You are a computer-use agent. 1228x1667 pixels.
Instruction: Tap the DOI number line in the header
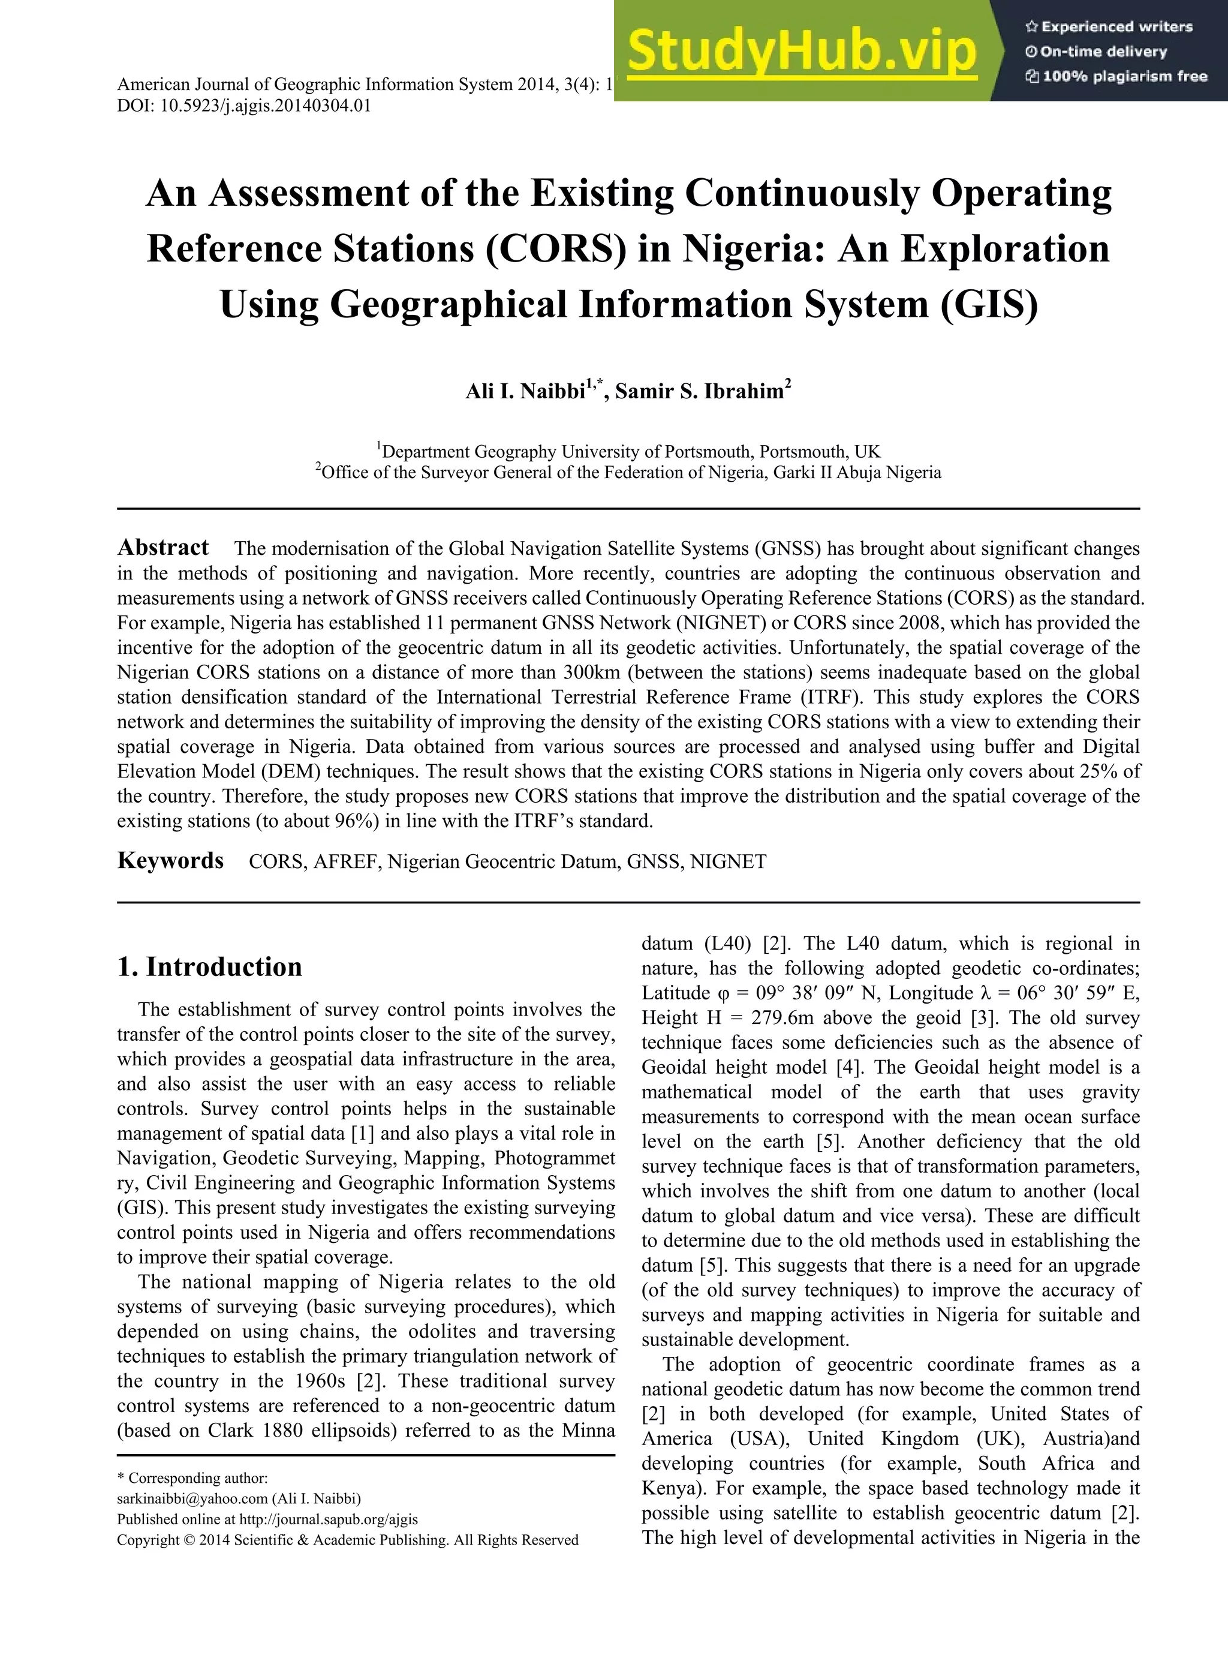(244, 106)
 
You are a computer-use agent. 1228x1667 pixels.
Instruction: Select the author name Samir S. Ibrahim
(702, 392)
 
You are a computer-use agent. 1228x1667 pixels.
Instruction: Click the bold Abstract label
(162, 548)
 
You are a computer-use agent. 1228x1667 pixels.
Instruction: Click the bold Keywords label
(170, 861)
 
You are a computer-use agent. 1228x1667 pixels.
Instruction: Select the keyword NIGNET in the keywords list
(728, 862)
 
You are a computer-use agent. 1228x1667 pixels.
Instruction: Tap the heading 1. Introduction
(210, 966)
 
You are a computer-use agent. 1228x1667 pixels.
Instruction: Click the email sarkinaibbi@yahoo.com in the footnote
(192, 1498)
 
